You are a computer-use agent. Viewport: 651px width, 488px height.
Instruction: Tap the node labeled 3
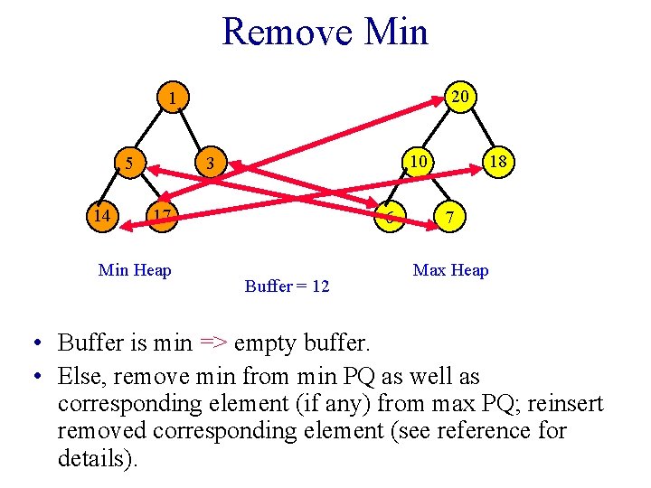click(x=210, y=164)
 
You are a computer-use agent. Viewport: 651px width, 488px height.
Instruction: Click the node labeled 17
click(x=161, y=216)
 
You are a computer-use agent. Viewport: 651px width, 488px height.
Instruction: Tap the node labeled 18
click(x=495, y=164)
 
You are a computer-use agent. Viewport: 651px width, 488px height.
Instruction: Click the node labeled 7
click(x=450, y=217)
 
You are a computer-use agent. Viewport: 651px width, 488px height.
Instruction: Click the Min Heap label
click(x=135, y=269)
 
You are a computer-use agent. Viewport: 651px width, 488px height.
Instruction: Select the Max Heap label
click(x=450, y=270)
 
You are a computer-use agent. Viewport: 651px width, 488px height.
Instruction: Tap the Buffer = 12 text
click(x=287, y=286)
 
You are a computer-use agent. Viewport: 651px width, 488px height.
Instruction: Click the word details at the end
click(x=95, y=457)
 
